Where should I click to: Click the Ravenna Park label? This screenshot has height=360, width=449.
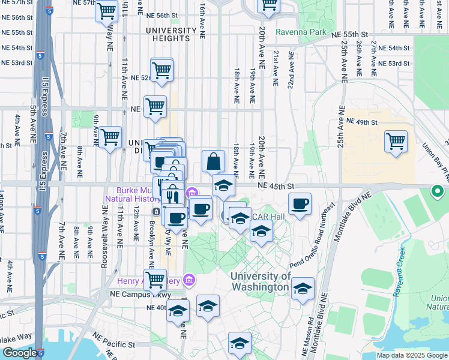(300, 32)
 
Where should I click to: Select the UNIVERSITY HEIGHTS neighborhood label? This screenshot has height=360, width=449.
(170, 34)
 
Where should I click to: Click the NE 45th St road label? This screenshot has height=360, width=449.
(278, 187)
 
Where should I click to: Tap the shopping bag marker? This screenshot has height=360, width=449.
(213, 161)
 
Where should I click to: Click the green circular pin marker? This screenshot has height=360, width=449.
(437, 192)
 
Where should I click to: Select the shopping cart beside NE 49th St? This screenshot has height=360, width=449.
(396, 142)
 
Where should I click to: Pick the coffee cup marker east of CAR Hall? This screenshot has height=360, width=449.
(300, 203)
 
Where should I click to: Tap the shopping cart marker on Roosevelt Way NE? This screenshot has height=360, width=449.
(110, 137)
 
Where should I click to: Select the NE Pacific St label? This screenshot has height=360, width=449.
(114, 344)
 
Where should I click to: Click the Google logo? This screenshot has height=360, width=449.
(20, 353)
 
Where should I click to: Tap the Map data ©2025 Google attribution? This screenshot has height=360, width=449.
(411, 355)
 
